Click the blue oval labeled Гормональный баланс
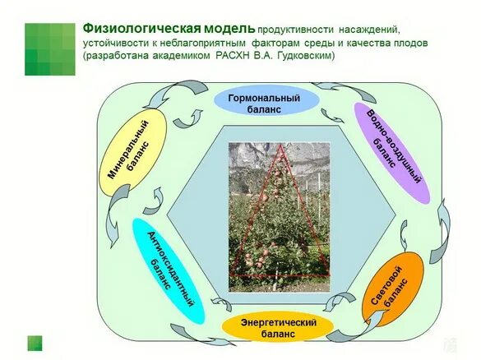coord(265,103)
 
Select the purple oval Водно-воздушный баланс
coord(391,152)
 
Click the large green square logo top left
coord(49,48)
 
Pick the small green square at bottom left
coord(35,342)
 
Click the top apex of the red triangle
coord(281,146)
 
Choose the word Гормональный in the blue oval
coord(265,97)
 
